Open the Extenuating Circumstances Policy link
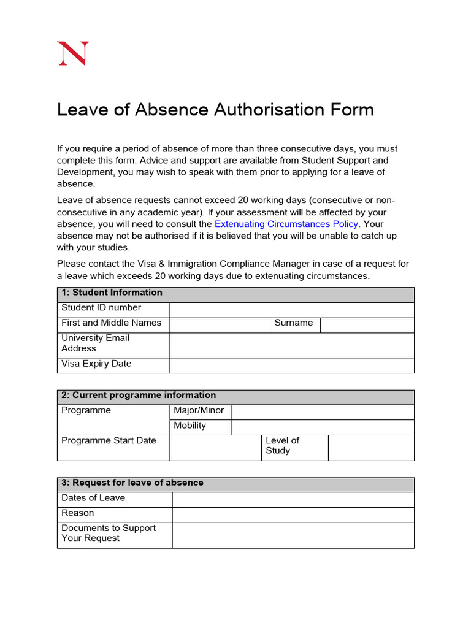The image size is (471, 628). tap(286, 224)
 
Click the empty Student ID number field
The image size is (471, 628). tap(291, 310)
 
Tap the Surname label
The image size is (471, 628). tap(294, 323)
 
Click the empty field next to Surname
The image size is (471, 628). tap(367, 325)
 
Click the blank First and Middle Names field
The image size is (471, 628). tap(220, 325)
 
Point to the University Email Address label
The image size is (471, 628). tap(96, 343)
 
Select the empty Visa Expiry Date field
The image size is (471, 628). tap(291, 366)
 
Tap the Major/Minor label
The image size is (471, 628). tap(199, 411)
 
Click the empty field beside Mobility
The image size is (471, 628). tap(322, 427)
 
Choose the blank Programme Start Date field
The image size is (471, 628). tap(215, 448)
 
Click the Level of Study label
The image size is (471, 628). tap(283, 446)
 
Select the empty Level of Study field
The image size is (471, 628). tap(371, 448)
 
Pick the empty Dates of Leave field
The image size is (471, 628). tap(293, 500)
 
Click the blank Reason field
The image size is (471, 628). tap(293, 515)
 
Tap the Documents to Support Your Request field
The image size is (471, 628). tap(293, 535)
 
